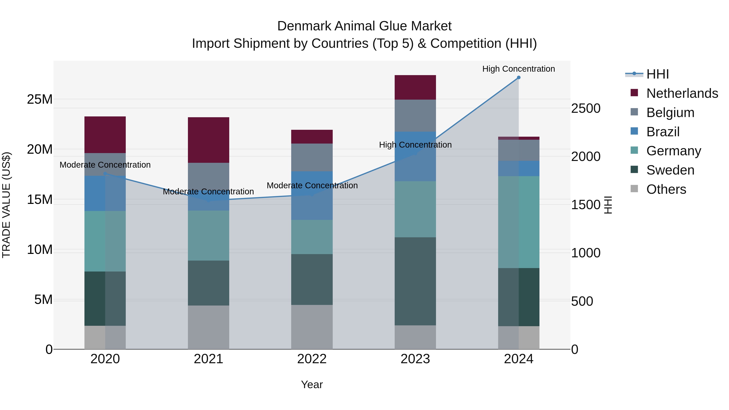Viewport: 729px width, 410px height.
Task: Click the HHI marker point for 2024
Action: click(x=518, y=78)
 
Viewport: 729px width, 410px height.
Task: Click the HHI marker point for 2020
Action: click(x=105, y=174)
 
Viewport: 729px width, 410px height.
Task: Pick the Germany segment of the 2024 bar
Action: click(x=518, y=222)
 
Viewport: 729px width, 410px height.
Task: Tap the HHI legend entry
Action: click(x=657, y=74)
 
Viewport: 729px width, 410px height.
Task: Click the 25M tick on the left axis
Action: click(x=40, y=99)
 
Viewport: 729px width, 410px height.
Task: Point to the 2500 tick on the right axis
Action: click(x=585, y=108)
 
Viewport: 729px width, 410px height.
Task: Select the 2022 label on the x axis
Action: click(x=312, y=359)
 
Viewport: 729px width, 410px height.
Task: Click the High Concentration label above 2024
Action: click(x=518, y=69)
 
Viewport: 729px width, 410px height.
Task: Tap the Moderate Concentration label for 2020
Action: click(x=105, y=165)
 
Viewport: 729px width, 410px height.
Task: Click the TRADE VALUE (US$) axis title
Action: click(x=6, y=205)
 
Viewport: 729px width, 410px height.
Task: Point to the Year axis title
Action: click(x=312, y=384)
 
